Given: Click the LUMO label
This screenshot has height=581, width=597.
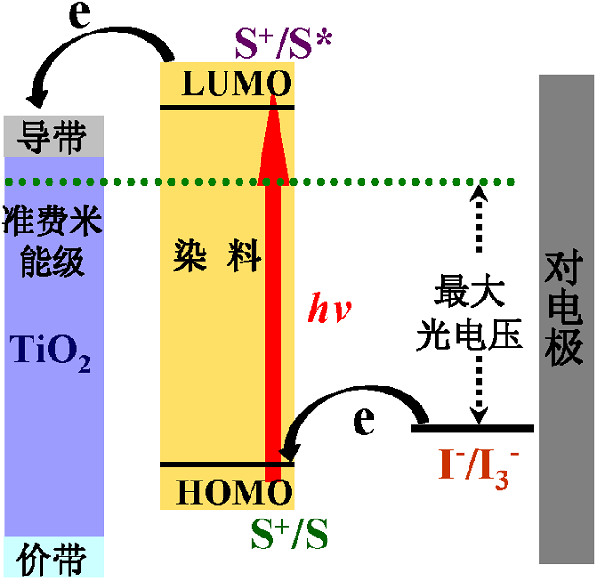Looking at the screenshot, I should coord(236,84).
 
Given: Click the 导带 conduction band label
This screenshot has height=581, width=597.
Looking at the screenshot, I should coord(53,137).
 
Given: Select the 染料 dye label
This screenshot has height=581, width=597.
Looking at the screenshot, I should coord(217,257).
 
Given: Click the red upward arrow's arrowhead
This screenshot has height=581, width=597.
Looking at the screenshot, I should coord(272,127).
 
